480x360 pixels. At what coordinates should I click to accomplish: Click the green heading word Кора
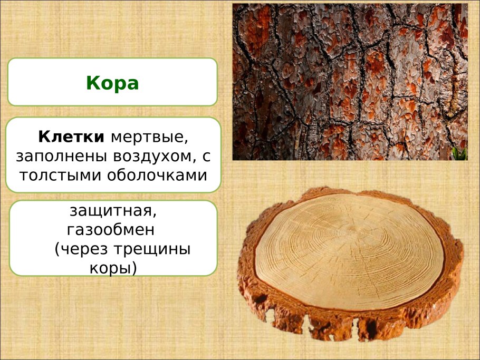click(112, 83)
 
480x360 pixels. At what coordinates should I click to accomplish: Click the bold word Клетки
click(71, 137)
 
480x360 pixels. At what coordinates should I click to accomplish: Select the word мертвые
click(149, 138)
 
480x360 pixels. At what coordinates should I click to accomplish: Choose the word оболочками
click(157, 176)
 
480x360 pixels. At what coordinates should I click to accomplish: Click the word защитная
click(113, 211)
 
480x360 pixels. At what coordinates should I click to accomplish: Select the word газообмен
click(111, 230)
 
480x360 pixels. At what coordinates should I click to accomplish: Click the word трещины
click(152, 250)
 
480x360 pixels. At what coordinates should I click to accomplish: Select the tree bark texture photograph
click(350, 82)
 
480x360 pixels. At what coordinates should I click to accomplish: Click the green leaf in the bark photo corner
click(459, 153)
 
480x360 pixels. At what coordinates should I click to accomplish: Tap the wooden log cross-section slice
click(350, 264)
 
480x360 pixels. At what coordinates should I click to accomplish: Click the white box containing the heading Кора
click(112, 82)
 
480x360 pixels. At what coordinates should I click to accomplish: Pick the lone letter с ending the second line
click(206, 157)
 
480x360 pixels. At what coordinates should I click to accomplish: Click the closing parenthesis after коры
click(134, 268)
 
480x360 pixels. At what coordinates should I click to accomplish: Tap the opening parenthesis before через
click(57, 249)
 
